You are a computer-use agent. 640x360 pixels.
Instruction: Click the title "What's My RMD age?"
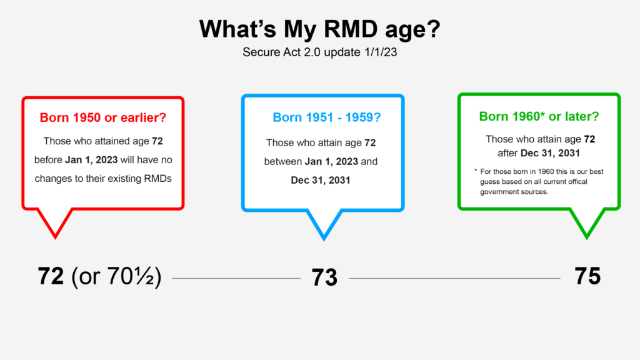(x=319, y=29)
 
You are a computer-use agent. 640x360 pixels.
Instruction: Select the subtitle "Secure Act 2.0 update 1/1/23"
(x=319, y=52)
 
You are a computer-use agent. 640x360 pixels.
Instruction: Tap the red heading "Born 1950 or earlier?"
(x=103, y=117)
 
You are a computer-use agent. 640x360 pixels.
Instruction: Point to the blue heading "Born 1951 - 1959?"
(x=326, y=117)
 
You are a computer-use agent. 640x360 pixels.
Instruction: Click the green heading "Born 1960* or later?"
(x=539, y=116)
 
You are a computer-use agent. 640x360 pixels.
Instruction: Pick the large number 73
(x=324, y=277)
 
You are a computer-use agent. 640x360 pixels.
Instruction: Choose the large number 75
(x=587, y=276)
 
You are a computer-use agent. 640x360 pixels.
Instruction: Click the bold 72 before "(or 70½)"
(x=51, y=276)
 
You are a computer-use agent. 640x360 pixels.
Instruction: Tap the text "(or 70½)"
(x=116, y=276)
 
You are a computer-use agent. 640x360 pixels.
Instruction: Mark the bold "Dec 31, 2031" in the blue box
(x=321, y=181)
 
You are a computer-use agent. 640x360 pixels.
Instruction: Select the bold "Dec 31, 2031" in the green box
(x=550, y=153)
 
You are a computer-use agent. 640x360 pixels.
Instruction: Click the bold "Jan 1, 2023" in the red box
(x=91, y=159)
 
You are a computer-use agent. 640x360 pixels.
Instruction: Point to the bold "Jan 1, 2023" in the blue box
(x=331, y=162)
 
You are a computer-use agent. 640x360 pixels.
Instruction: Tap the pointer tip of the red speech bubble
(x=56, y=238)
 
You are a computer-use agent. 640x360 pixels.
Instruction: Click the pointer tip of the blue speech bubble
(x=324, y=240)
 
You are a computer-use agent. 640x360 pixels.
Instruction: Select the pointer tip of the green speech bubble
(x=587, y=238)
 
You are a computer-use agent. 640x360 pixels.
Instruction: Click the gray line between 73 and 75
(x=455, y=278)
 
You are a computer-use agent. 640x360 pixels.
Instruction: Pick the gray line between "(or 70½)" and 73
(x=236, y=278)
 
